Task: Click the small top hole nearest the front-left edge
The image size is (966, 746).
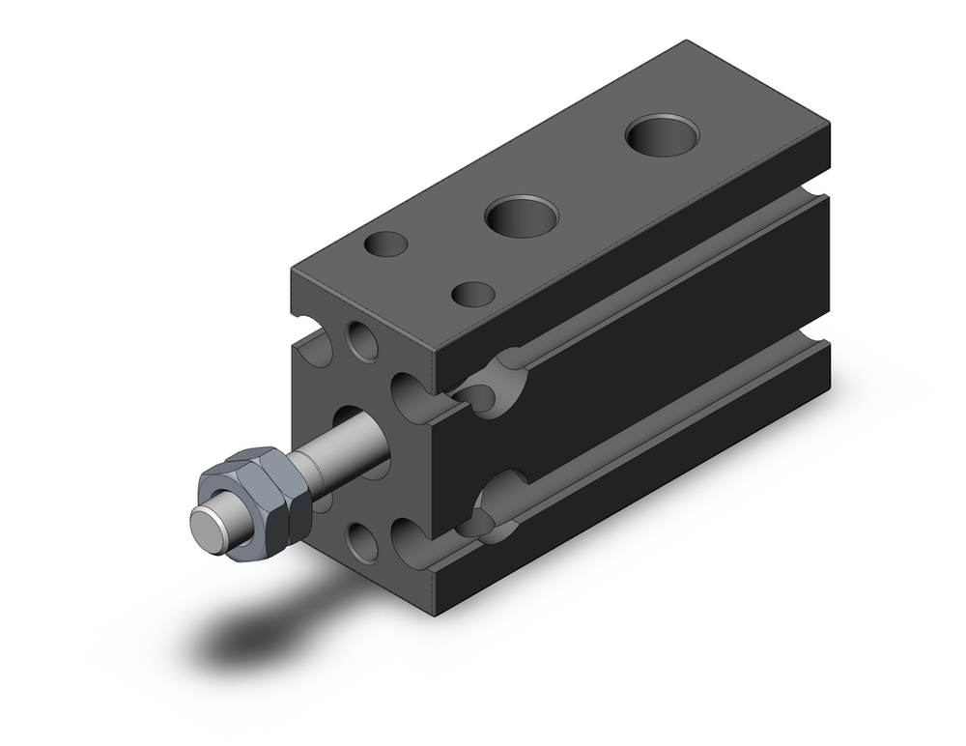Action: pyautogui.click(x=385, y=244)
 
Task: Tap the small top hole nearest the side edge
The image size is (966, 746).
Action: pyautogui.click(x=473, y=293)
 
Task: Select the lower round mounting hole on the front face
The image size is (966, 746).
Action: pyautogui.click(x=363, y=543)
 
